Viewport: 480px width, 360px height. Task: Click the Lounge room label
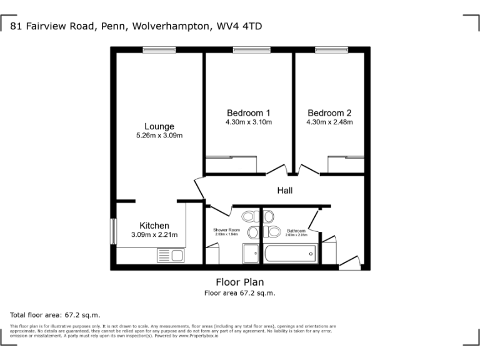tap(159, 126)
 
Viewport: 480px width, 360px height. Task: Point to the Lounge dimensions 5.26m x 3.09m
tap(159, 136)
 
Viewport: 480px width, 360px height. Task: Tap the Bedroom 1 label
tap(248, 113)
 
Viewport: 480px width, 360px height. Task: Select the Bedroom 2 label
tap(329, 113)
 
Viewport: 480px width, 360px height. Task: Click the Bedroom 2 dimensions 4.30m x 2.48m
tap(329, 122)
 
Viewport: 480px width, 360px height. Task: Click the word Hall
tap(285, 191)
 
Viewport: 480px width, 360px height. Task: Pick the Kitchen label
tap(154, 226)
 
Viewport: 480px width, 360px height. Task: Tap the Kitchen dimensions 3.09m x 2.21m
tap(154, 235)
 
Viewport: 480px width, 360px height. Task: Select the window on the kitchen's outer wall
tap(113, 231)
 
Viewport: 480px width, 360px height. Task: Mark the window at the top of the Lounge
tap(159, 49)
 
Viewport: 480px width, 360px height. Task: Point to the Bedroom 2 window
tap(331, 49)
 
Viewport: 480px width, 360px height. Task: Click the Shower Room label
tap(226, 231)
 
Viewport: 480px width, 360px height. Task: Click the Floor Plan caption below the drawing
tap(239, 281)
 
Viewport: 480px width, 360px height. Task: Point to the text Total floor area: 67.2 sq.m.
tap(55, 315)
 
